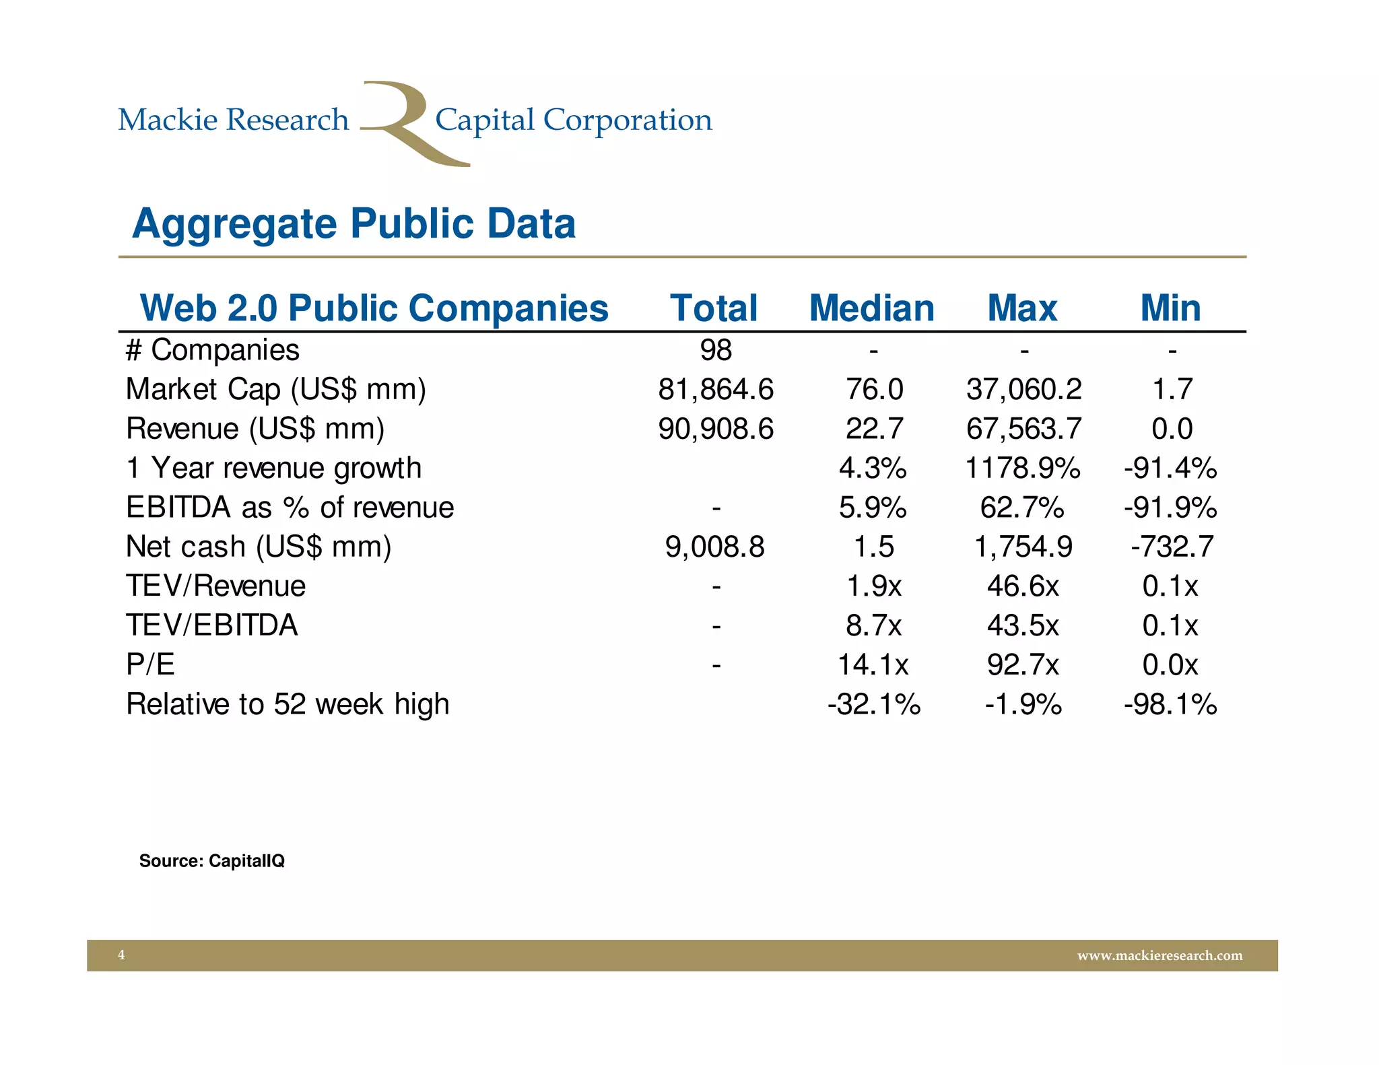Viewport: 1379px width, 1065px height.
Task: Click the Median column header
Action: coord(872,308)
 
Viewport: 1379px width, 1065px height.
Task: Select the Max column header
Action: coord(1022,308)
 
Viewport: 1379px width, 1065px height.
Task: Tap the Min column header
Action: coord(1170,308)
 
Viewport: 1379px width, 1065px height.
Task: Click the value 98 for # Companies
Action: coord(716,350)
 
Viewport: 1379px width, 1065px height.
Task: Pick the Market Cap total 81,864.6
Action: coord(716,389)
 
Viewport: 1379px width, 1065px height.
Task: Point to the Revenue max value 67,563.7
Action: coord(1023,429)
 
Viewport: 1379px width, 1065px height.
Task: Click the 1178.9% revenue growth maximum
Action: coord(1023,468)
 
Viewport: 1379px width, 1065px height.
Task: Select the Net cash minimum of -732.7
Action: coord(1172,547)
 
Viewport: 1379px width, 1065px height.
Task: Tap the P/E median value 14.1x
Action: coord(873,665)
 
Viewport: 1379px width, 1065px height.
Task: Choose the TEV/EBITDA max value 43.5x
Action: coord(1023,625)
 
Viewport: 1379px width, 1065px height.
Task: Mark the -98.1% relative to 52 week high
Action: coord(1170,704)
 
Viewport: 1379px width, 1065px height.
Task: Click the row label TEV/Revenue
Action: coord(215,586)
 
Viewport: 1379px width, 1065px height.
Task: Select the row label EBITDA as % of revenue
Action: coord(290,508)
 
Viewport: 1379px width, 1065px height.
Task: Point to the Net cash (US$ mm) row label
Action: coord(259,547)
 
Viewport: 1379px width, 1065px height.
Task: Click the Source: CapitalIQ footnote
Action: coord(211,860)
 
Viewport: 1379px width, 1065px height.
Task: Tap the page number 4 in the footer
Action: coord(121,955)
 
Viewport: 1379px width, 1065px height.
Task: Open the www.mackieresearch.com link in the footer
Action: coord(1159,955)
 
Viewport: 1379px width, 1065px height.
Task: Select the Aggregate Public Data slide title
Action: coord(354,224)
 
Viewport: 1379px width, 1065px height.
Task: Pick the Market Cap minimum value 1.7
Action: coord(1172,389)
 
